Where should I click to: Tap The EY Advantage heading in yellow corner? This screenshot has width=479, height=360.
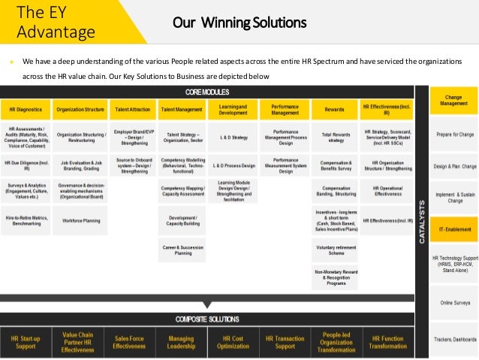56,22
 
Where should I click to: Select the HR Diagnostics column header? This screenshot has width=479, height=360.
26,110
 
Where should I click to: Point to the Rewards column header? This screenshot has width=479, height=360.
334,110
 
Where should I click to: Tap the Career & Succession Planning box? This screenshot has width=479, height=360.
182,250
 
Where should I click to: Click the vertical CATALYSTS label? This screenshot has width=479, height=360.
421,222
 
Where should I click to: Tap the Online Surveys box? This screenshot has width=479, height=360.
453,302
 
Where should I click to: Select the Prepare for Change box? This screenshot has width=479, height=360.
453,135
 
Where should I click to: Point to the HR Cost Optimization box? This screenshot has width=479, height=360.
232,343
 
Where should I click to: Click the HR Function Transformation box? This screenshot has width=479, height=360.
387,343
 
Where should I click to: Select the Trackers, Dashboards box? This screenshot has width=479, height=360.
453,340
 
